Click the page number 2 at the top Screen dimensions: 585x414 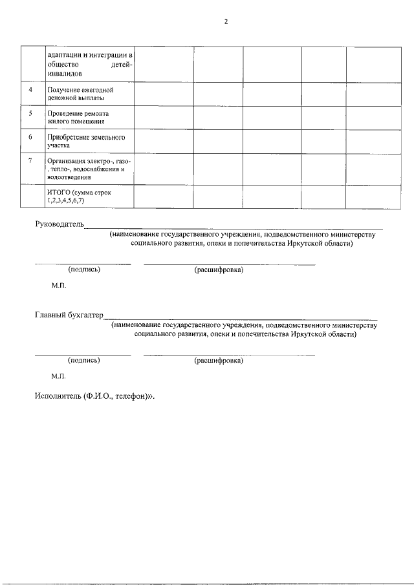click(x=226, y=21)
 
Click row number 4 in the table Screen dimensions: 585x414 click(x=30, y=89)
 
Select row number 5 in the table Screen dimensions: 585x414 click(x=30, y=112)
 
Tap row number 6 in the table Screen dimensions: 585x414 click(x=30, y=137)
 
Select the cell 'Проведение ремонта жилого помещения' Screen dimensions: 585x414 click(x=80, y=117)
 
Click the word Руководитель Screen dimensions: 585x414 click(x=60, y=224)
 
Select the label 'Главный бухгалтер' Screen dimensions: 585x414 click(x=69, y=315)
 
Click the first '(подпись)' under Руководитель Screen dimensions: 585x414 click(x=84, y=270)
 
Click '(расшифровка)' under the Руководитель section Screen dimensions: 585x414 click(x=219, y=270)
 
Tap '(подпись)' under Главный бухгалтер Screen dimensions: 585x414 click(x=84, y=360)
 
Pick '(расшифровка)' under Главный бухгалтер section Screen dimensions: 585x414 click(x=219, y=360)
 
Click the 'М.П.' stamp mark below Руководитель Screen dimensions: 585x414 click(x=59, y=285)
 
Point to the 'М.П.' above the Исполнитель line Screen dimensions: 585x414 click(x=59, y=376)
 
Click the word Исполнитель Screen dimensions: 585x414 click(x=58, y=396)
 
